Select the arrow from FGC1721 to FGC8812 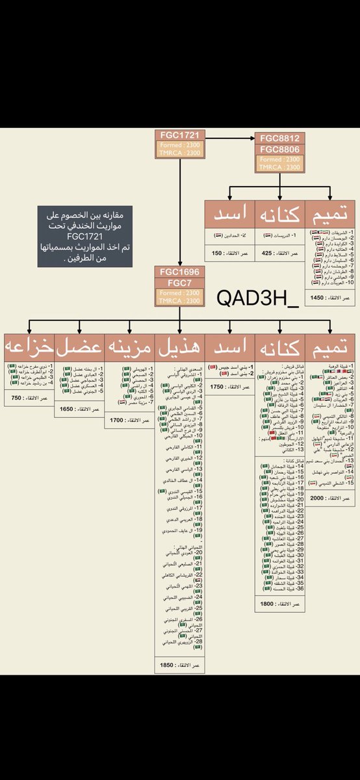click(x=231, y=138)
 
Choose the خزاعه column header click(x=28, y=346)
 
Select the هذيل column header click(x=179, y=346)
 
